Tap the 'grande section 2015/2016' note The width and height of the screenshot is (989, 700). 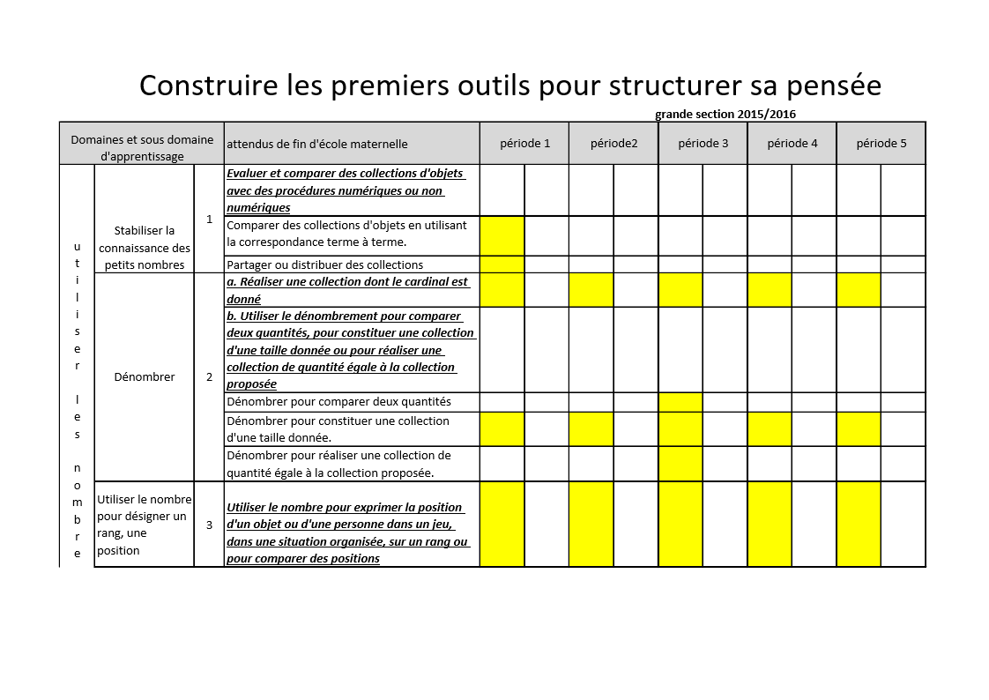pyautogui.click(x=725, y=115)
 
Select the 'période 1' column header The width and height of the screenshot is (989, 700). pyautogui.click(x=524, y=144)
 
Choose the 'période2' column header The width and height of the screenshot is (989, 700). pyautogui.click(x=613, y=144)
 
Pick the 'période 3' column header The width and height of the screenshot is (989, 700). pyautogui.click(x=703, y=144)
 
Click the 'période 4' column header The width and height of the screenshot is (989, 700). pyautogui.click(x=792, y=144)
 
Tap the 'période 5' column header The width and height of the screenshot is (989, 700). pyautogui.click(x=881, y=144)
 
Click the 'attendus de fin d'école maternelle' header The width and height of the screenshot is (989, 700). pyautogui.click(x=317, y=144)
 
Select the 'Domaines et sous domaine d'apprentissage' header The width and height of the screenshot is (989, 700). pyautogui.click(x=142, y=147)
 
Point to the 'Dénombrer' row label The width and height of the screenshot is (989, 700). pyautogui.click(x=145, y=376)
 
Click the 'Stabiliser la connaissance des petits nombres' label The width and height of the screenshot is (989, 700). pyautogui.click(x=145, y=247)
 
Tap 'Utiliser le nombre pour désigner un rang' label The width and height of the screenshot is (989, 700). pyautogui.click(x=144, y=525)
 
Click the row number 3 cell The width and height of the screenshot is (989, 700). pyautogui.click(x=209, y=525)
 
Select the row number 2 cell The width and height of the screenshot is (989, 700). pyautogui.click(x=209, y=376)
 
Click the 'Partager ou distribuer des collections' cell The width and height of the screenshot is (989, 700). pyautogui.click(x=325, y=264)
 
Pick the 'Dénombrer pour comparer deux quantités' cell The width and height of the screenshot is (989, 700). pyautogui.click(x=338, y=401)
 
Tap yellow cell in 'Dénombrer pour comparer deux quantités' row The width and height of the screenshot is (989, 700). pyautogui.click(x=680, y=401)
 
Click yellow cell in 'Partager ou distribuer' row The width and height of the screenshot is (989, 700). pyautogui.click(x=502, y=264)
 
